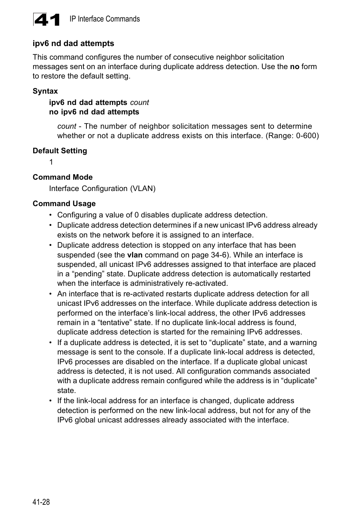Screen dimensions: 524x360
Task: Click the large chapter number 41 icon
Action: (x=47, y=20)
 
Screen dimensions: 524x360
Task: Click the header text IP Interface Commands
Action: (x=105, y=19)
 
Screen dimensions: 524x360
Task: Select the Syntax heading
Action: (x=45, y=91)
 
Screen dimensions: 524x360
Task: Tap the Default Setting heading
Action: (x=60, y=151)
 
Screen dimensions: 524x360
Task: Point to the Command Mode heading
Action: (x=63, y=177)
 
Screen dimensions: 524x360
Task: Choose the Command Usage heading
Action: (x=64, y=203)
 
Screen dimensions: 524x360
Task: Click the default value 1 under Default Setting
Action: (x=51, y=162)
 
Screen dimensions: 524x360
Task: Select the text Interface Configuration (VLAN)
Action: (x=102, y=188)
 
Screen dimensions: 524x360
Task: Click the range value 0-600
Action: (x=305, y=136)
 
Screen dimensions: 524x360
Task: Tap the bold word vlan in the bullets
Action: (x=135, y=255)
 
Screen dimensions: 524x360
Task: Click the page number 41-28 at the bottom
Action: (x=41, y=502)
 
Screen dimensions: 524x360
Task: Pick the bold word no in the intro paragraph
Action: (x=294, y=66)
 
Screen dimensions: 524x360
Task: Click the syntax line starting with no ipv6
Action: (x=94, y=112)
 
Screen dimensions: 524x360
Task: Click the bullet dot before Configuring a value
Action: (x=51, y=215)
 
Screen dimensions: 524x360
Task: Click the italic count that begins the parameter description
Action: (x=66, y=126)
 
